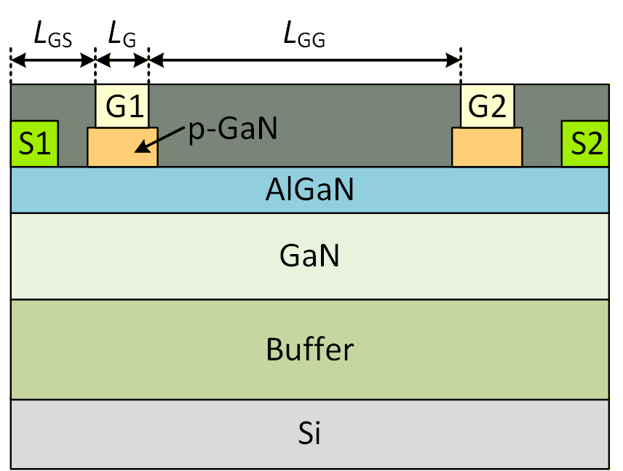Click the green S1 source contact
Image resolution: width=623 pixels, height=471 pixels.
click(34, 143)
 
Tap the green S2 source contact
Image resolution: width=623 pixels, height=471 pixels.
click(585, 143)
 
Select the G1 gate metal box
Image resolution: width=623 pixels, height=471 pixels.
click(122, 106)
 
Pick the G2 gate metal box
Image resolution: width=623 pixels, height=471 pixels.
click(487, 106)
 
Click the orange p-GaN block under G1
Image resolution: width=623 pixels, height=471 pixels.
click(122, 147)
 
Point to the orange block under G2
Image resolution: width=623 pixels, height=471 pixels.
click(487, 147)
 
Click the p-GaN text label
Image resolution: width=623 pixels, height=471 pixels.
click(233, 130)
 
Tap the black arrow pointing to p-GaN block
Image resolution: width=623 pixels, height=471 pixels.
click(159, 140)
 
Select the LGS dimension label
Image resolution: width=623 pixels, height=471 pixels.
click(53, 35)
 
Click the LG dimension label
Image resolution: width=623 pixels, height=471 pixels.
click(122, 35)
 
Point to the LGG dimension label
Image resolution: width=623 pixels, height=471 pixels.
click(304, 35)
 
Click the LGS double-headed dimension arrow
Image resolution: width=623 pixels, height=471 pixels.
click(53, 60)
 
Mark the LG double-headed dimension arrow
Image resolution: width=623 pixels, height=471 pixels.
click(122, 60)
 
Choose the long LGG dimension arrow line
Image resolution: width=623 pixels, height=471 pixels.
click(305, 60)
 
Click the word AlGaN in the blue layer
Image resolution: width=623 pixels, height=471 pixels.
click(309, 189)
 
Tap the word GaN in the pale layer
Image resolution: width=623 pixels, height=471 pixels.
click(309, 256)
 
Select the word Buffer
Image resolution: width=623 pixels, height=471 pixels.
click(310, 349)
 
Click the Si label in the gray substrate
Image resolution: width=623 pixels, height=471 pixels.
click(309, 432)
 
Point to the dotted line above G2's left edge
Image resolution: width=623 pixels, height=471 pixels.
click(461, 66)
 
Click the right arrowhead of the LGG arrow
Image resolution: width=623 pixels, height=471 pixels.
click(453, 60)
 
